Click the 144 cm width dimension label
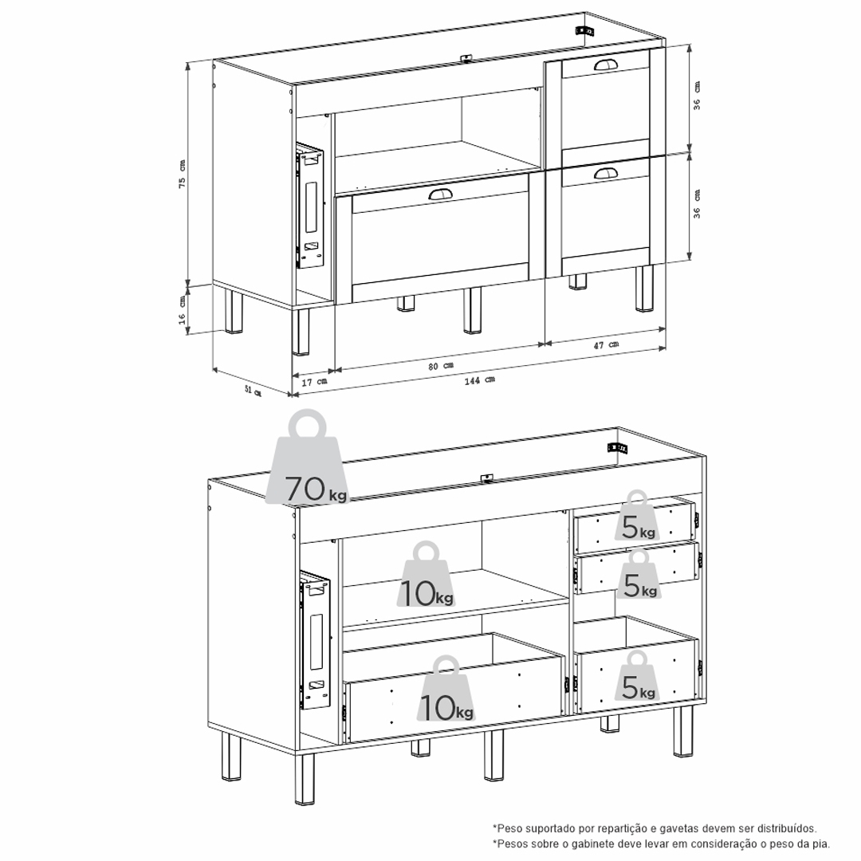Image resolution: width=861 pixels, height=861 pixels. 480,380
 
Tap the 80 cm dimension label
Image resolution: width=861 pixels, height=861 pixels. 441,366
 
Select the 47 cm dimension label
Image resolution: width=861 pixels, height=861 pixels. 606,345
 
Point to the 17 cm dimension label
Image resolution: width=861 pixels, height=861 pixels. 315,381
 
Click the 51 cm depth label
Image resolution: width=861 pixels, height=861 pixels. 253,391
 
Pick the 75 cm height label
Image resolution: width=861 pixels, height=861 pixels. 182,174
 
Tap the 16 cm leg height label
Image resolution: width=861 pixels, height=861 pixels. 182,310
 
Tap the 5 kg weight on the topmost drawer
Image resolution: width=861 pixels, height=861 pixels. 638,515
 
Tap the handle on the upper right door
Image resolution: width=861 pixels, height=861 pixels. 606,65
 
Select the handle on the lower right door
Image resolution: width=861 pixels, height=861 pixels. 606,174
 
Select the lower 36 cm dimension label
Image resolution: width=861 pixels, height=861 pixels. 696,204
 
